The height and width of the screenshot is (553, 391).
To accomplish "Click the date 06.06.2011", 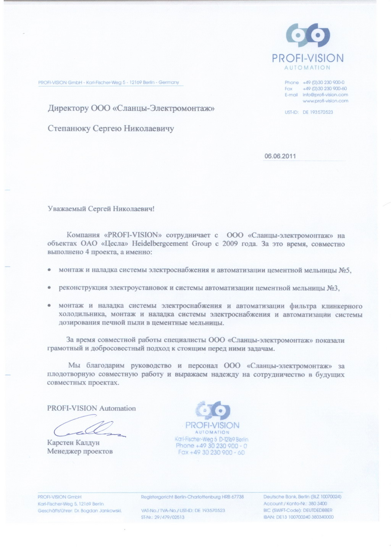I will pyautogui.click(x=280, y=156).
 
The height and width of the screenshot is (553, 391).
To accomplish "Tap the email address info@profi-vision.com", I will pyautogui.click(x=325, y=95).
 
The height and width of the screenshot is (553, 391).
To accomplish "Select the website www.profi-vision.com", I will pyautogui.click(x=325, y=101).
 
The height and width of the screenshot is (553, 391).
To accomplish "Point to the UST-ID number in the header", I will pyautogui.click(x=318, y=112).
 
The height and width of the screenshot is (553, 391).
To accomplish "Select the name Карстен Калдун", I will pyautogui.click(x=73, y=442).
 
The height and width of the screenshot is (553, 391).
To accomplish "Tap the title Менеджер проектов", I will pyautogui.click(x=80, y=451).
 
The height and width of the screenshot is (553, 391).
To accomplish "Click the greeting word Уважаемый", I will pyautogui.click(x=67, y=209).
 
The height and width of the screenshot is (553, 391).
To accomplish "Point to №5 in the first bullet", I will pyautogui.click(x=344, y=270).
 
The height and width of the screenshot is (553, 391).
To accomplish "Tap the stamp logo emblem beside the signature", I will pyautogui.click(x=213, y=411).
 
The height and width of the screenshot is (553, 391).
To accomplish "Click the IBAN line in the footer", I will pyautogui.click(x=298, y=517).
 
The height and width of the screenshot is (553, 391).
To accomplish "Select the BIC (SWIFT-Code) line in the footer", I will pyautogui.click(x=297, y=510).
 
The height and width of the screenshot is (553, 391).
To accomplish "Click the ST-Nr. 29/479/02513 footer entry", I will pyautogui.click(x=163, y=517).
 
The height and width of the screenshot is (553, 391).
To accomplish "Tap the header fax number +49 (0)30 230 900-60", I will pyautogui.click(x=325, y=89).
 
